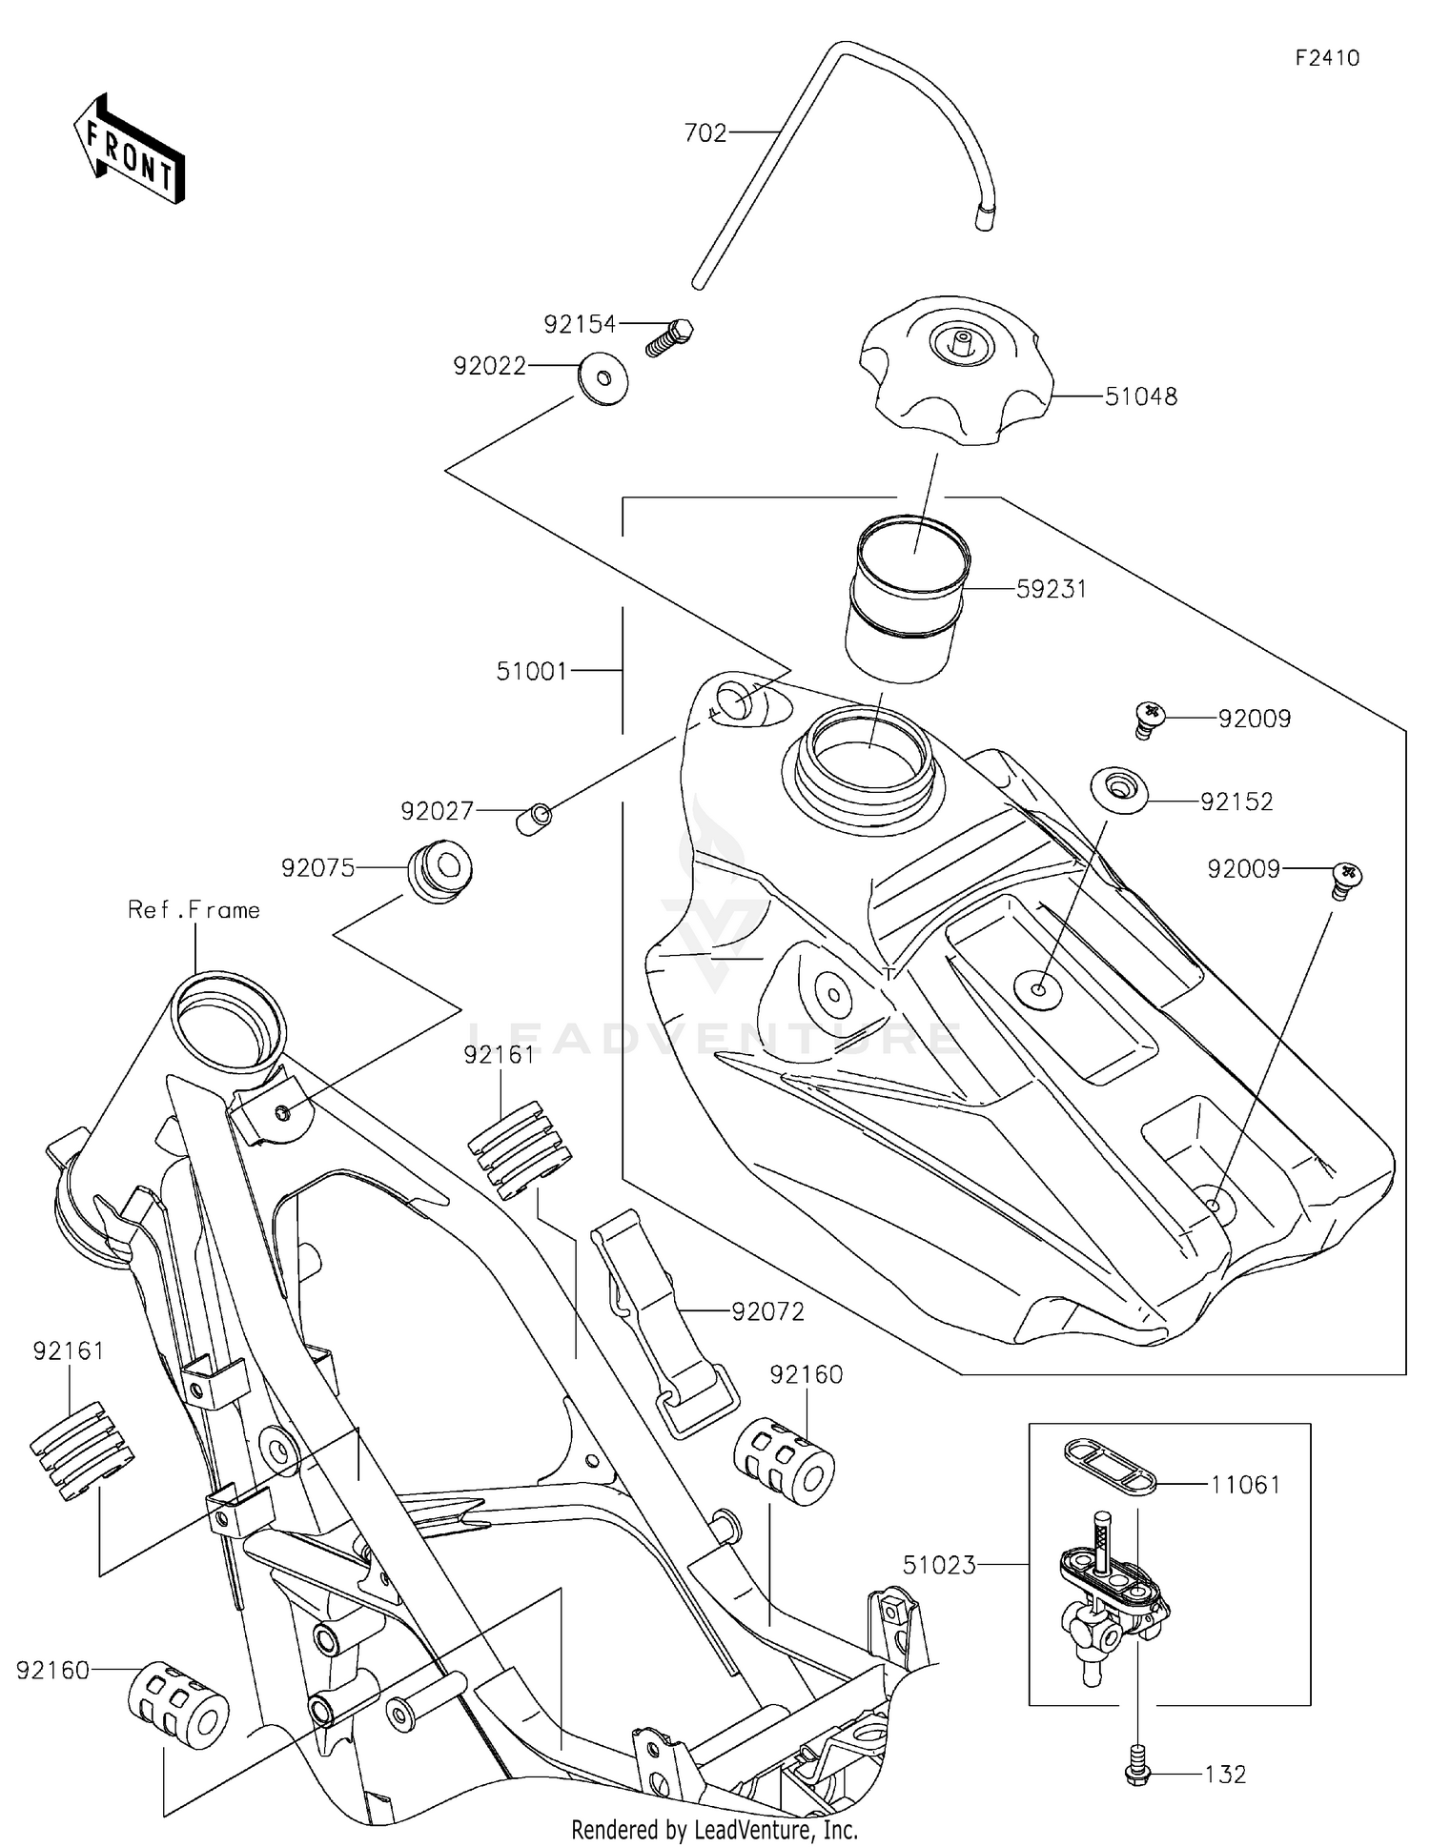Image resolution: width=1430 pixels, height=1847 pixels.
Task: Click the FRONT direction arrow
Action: click(x=129, y=151)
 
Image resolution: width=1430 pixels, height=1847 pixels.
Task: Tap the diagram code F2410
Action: click(x=1327, y=58)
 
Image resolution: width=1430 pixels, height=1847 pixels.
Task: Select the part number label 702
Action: click(x=705, y=133)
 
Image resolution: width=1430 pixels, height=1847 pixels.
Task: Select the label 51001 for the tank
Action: click(x=532, y=671)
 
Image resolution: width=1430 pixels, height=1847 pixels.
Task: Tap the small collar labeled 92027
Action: click(x=535, y=819)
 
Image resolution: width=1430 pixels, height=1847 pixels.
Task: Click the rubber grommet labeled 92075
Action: click(x=440, y=870)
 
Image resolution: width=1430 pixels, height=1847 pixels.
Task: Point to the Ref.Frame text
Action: click(x=194, y=910)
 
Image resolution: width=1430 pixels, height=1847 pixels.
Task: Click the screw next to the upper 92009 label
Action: click(x=1151, y=718)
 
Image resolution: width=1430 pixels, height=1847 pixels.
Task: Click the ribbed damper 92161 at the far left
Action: click(x=82, y=1451)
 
